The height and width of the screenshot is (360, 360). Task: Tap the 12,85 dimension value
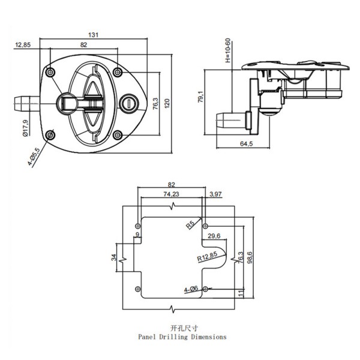pos(23,45)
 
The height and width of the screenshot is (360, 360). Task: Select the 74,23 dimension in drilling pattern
pos(171,194)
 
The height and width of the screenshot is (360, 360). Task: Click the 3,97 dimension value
pos(215,194)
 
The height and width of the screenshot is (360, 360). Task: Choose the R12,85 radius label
pos(206,257)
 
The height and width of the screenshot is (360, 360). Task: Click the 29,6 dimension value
pos(214,236)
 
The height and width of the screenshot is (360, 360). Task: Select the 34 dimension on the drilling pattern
pos(115,258)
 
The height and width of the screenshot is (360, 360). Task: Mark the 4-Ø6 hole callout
pos(191,289)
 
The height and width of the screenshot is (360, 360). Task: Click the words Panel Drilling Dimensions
pos(182,337)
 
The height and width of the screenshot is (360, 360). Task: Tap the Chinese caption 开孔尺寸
pos(181,328)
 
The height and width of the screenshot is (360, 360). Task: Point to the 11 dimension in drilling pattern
pos(241,292)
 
